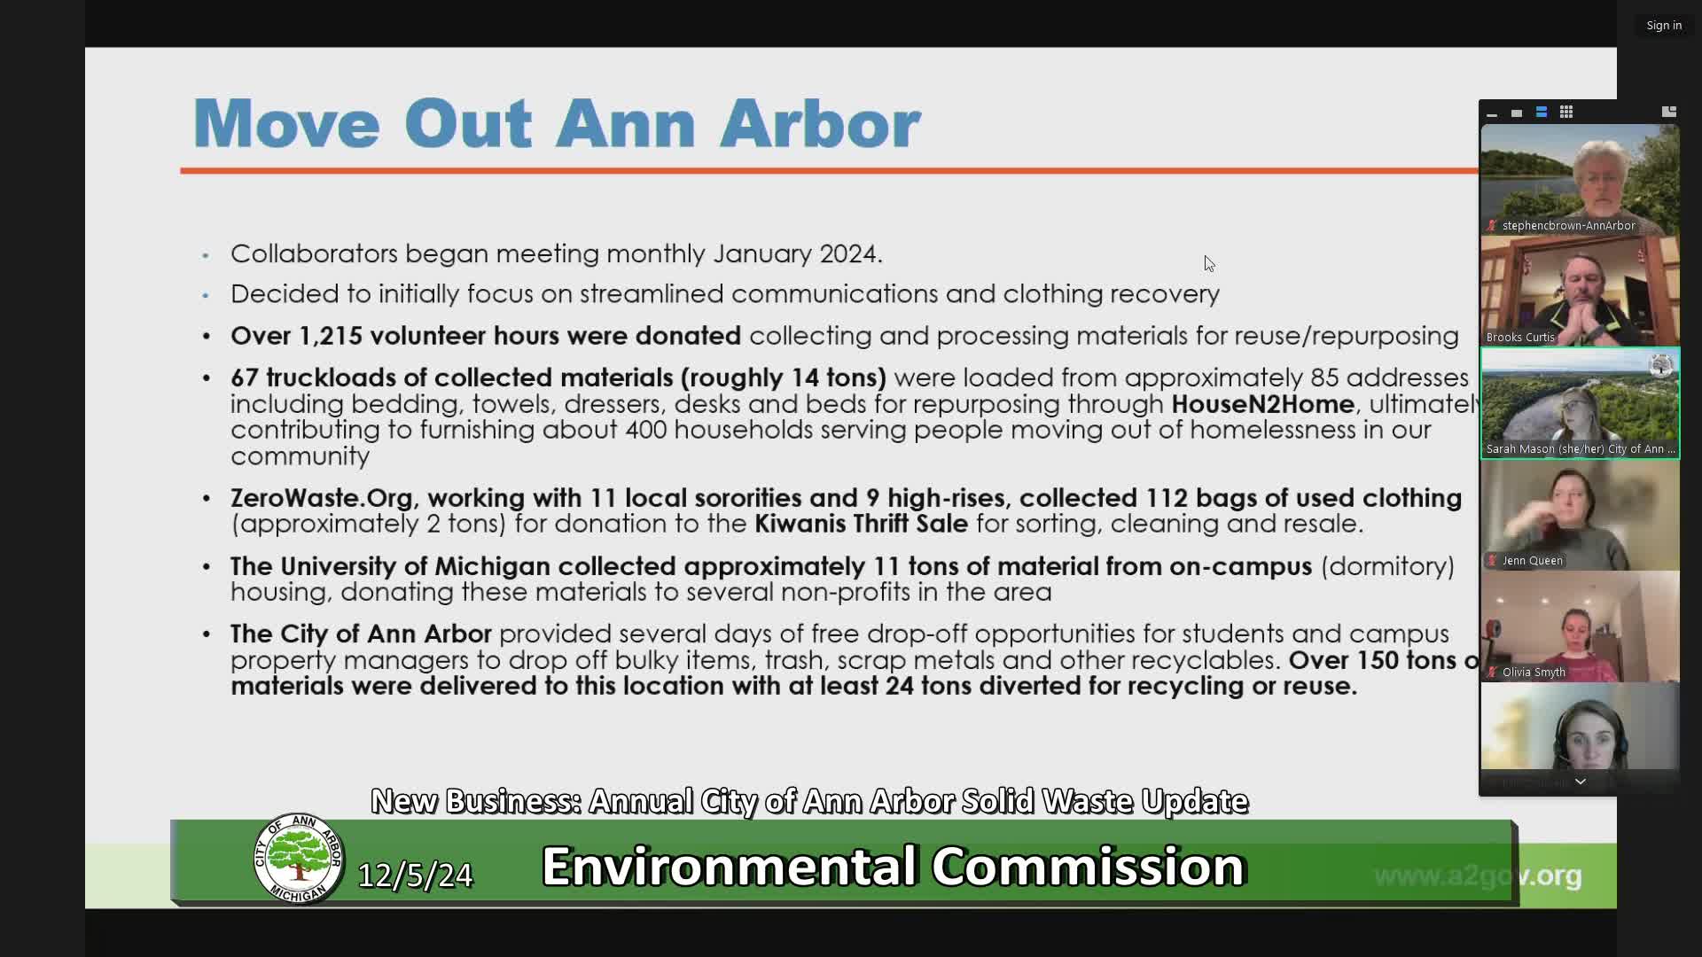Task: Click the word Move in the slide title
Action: (x=286, y=123)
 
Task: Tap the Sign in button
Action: (x=1663, y=26)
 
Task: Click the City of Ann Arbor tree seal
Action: (x=299, y=858)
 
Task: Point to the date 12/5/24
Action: (x=415, y=875)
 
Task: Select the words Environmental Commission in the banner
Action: (x=894, y=866)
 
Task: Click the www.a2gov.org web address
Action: (x=1477, y=875)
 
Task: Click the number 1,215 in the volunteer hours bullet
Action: (x=330, y=336)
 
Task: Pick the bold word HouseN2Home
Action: (x=1262, y=404)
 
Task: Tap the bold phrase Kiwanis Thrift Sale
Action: (x=861, y=524)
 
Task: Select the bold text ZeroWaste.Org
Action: (x=321, y=498)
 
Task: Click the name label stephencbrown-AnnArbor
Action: (x=1568, y=226)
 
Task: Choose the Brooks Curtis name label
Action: (x=1520, y=338)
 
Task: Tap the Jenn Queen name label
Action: (x=1532, y=561)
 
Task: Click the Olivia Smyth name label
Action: (x=1534, y=673)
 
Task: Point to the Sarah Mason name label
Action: (x=1581, y=449)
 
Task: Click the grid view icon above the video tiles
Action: (x=1566, y=113)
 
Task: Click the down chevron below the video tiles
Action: (x=1580, y=782)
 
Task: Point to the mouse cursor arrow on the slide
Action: (x=1208, y=263)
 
